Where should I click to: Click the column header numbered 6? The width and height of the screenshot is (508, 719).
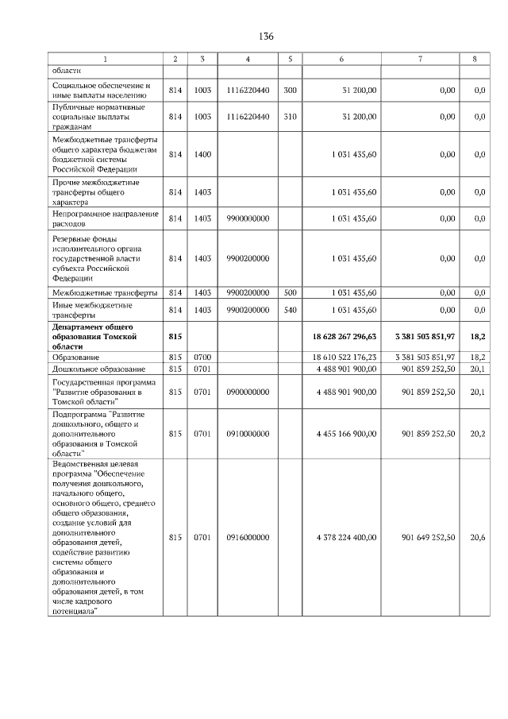coord(341,59)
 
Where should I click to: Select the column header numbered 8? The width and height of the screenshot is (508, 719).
coord(475,59)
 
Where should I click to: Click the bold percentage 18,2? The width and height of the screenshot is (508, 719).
coord(478,337)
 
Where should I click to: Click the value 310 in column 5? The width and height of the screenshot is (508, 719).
coord(290,116)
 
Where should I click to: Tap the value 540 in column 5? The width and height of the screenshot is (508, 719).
coord(290,309)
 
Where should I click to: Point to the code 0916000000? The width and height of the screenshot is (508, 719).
coord(248,538)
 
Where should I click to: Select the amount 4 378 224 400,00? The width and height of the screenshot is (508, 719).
coord(346,538)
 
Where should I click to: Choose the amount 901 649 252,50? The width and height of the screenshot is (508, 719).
coord(429,538)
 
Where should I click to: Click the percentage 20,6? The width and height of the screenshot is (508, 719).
coord(478,538)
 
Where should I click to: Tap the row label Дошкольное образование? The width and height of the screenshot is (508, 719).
coord(98,369)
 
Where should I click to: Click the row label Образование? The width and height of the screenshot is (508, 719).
coord(77,358)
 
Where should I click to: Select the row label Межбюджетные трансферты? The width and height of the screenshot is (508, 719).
coord(104,293)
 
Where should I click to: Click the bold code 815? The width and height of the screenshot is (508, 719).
coord(175,337)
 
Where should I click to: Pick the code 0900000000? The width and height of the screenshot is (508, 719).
coord(248,392)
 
